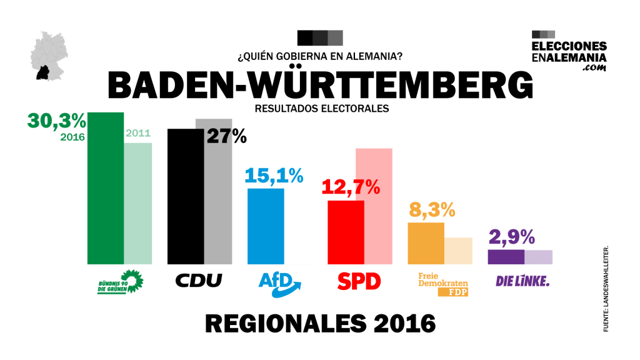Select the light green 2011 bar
click(137, 203)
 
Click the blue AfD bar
click(266, 226)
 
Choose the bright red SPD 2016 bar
click(346, 232)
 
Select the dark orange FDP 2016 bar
click(426, 243)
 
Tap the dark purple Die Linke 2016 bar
click(505, 257)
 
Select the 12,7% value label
click(350, 186)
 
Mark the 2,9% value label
click(511, 237)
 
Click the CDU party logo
click(197, 281)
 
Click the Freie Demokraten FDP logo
click(442, 283)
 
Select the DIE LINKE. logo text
click(522, 282)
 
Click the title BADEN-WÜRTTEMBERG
click(320, 86)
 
